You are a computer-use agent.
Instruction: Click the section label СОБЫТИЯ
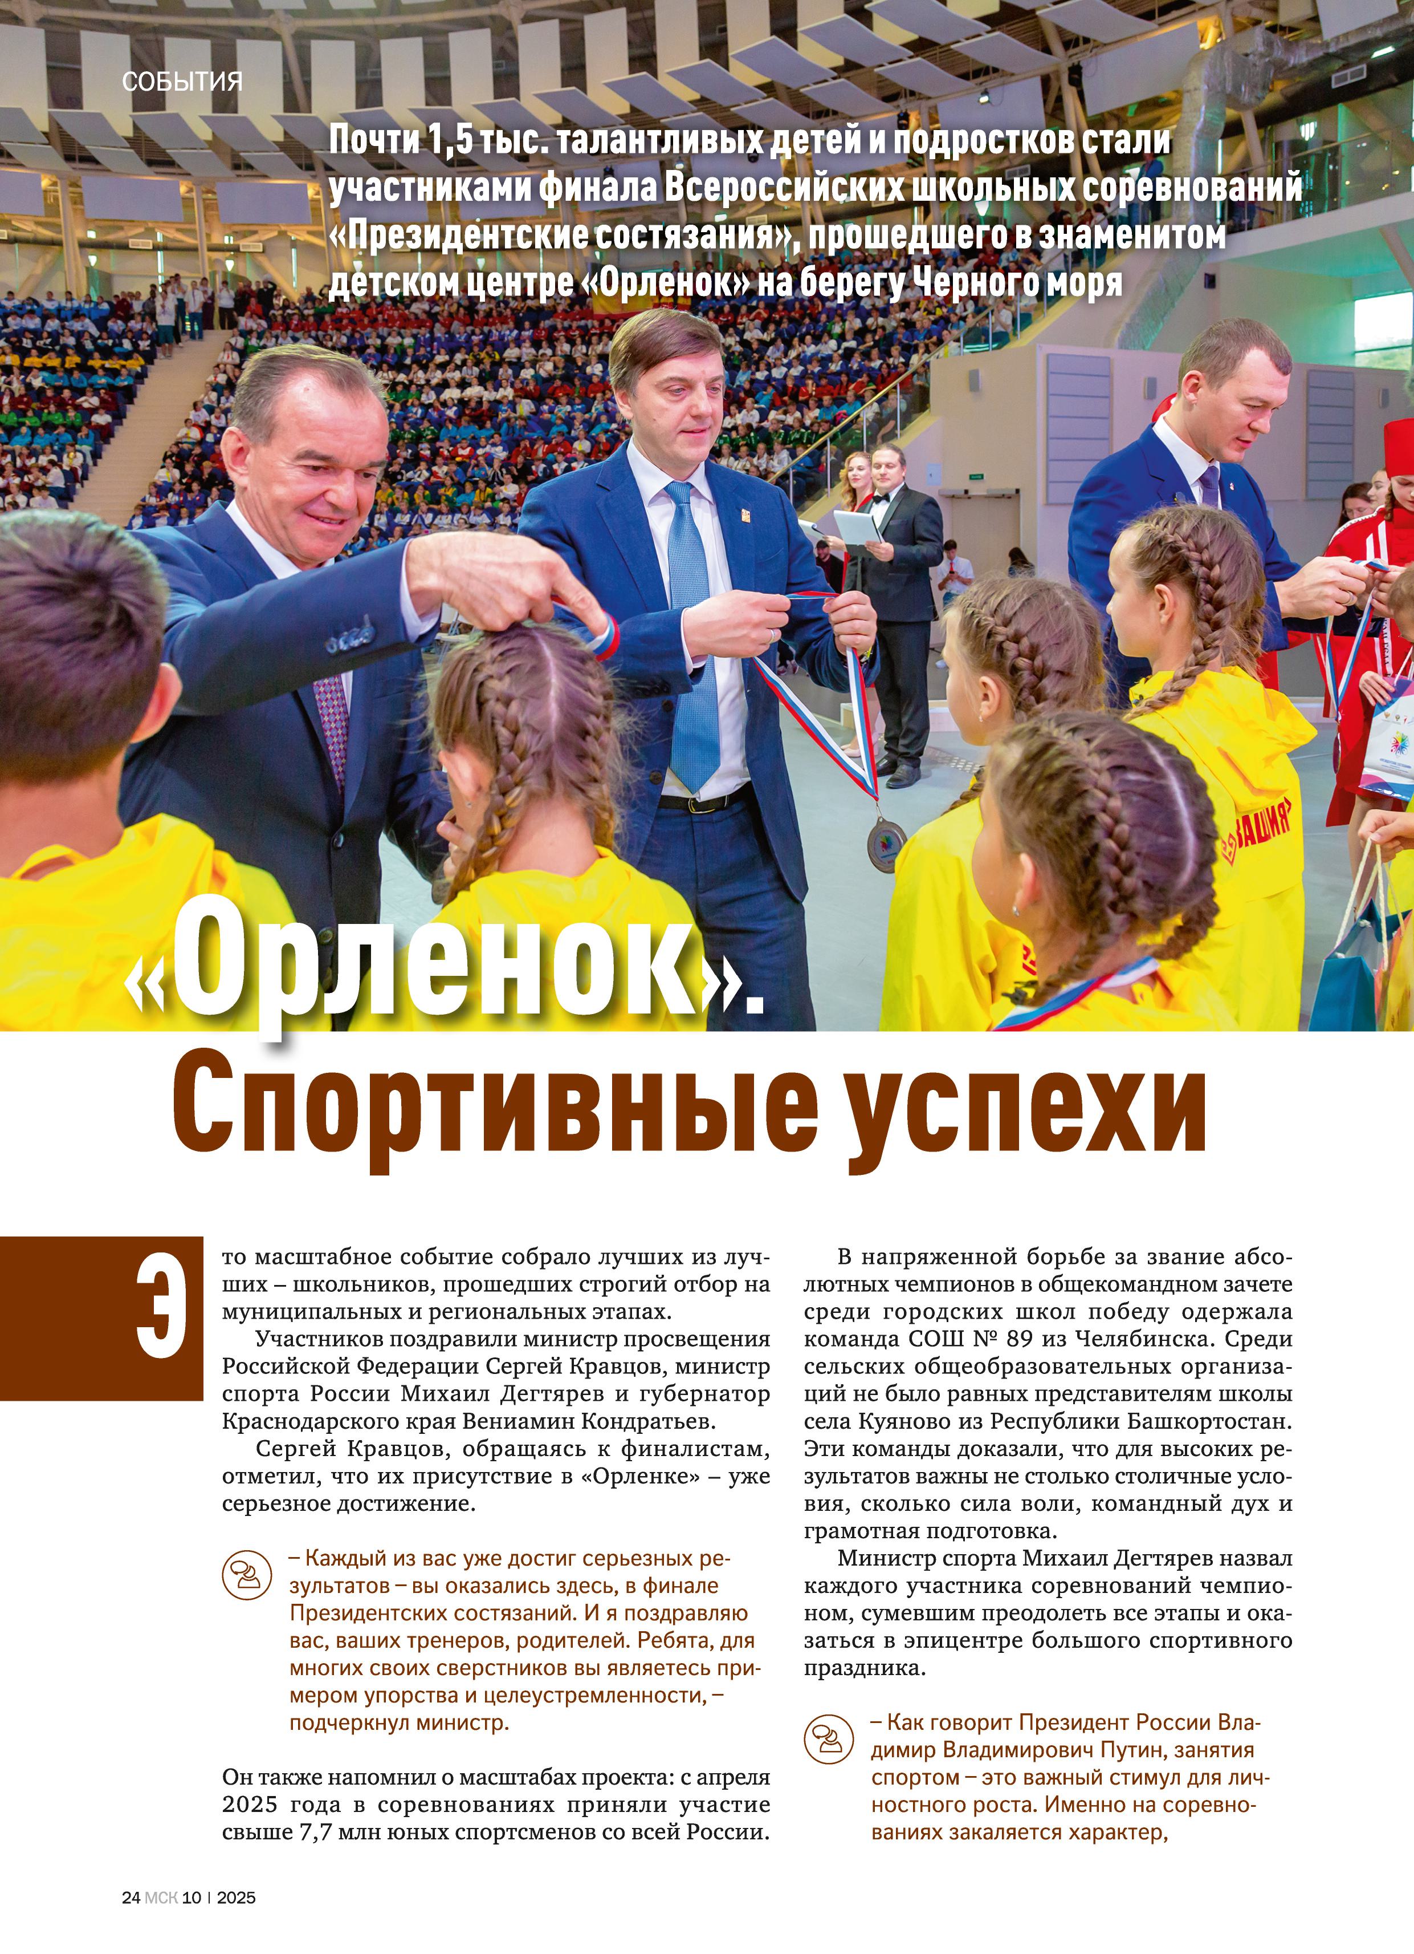click(182, 82)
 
